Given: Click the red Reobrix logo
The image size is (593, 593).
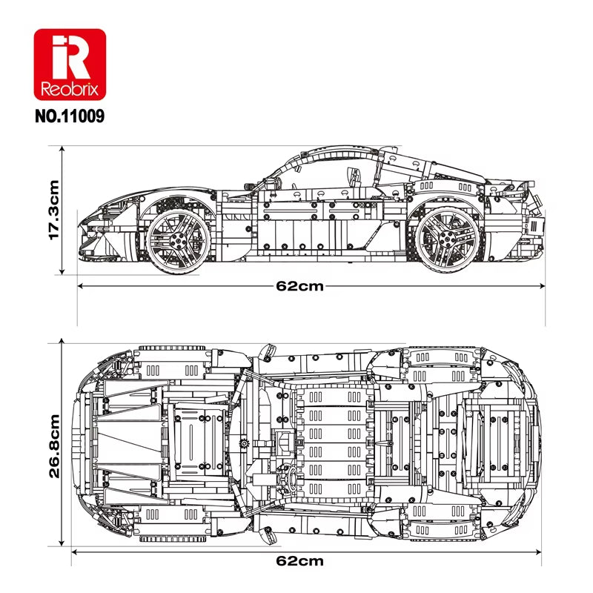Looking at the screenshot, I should (x=70, y=65).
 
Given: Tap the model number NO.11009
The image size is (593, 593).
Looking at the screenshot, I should (x=70, y=116).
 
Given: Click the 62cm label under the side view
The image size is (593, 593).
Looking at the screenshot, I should (x=299, y=286).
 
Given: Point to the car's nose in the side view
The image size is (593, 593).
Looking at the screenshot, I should (x=85, y=222).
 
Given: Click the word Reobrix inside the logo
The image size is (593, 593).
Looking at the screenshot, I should (x=70, y=88).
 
